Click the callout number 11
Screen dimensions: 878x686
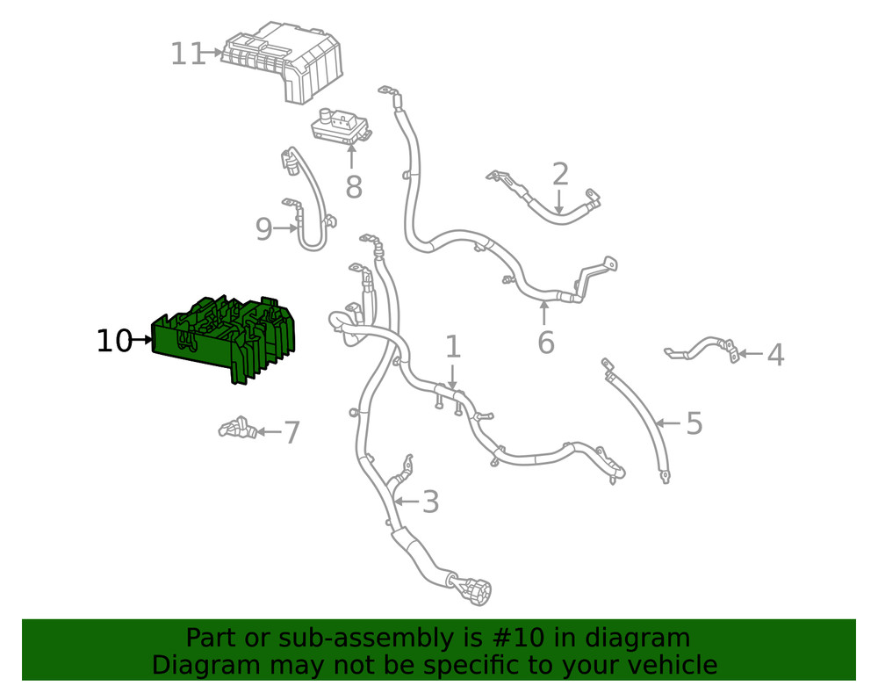[x=188, y=54]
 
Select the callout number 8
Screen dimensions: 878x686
[x=353, y=186]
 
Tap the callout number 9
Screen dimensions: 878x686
[x=263, y=228]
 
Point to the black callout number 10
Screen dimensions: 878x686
[x=114, y=341]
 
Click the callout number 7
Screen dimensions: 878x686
[x=291, y=432]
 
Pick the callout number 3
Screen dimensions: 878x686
[x=430, y=502]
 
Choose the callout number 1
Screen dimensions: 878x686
[x=453, y=347]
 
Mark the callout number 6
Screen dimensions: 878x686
[x=546, y=343]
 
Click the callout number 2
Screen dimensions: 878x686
[x=560, y=174]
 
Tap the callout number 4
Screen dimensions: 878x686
[x=775, y=355]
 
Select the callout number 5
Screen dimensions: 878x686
[x=694, y=423]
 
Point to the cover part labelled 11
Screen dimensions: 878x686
[x=283, y=61]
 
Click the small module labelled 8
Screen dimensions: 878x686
[x=341, y=127]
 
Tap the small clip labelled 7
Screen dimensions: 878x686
[x=238, y=428]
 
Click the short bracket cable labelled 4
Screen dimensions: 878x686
[x=702, y=349]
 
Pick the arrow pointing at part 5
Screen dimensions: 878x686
[x=669, y=423]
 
